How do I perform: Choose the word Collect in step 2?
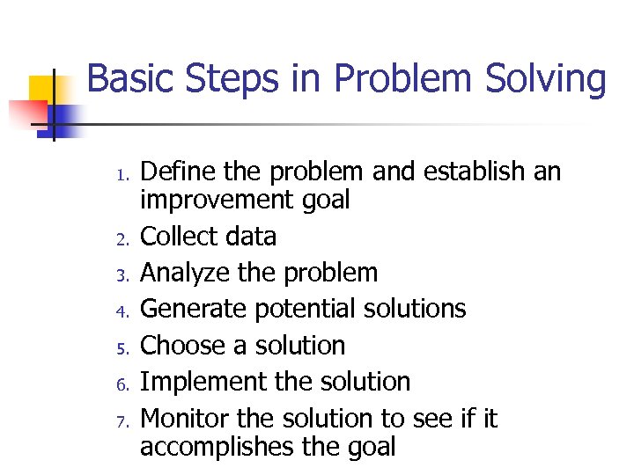click(x=174, y=237)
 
